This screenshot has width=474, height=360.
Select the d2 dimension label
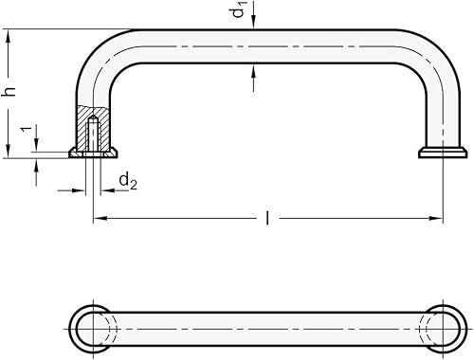click(128, 180)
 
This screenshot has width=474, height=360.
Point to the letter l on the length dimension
click(267, 219)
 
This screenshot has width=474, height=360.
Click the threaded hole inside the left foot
click(92, 134)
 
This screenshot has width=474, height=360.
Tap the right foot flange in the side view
click(443, 152)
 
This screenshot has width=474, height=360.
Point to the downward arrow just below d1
click(253, 26)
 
